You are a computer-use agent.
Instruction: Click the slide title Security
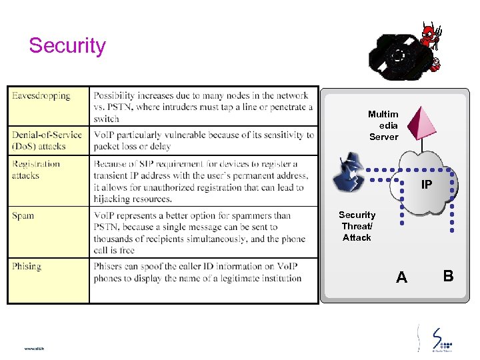tap(67, 46)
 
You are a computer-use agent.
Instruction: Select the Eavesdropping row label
tap(41, 96)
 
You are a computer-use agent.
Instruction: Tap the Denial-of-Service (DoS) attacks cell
tap(47, 140)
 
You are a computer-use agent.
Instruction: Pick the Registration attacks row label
tap(36, 169)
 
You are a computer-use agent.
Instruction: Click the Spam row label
tap(23, 216)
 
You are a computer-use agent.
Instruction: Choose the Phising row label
tap(27, 267)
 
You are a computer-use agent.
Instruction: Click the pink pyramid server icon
tap(421, 123)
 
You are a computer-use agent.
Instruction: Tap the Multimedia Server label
tap(383, 125)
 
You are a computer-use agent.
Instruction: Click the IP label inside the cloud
tap(426, 185)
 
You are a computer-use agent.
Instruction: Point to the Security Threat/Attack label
tap(357, 226)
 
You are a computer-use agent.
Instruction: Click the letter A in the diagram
tap(401, 277)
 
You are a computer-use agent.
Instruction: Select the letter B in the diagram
tap(448, 275)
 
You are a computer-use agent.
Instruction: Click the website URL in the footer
tap(34, 348)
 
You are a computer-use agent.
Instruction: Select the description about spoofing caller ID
tap(197, 273)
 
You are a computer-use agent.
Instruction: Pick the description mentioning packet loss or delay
tap(203, 140)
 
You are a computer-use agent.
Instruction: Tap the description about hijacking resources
tap(201, 181)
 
